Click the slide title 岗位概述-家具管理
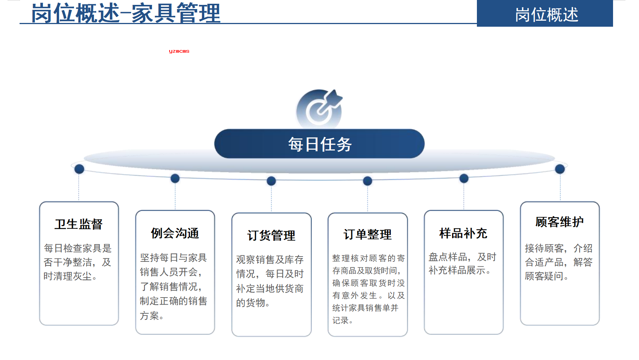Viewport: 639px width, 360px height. (126, 13)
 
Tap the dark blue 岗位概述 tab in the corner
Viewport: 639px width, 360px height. (545, 14)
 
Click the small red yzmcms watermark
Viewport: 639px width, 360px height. (179, 51)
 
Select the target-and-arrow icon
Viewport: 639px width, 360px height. (320, 108)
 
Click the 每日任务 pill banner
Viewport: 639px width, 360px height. (320, 144)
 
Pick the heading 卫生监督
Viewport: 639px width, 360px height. (79, 224)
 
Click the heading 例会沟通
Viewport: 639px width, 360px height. (175, 233)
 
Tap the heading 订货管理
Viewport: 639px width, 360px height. (271, 235)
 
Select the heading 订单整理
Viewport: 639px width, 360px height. (367, 234)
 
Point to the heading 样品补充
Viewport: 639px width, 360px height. (463, 233)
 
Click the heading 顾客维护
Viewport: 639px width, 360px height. (559, 222)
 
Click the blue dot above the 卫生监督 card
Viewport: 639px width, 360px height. (79, 169)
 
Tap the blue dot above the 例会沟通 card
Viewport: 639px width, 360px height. (175, 179)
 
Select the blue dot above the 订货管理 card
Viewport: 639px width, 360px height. (271, 181)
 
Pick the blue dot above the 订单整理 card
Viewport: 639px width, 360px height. (367, 181)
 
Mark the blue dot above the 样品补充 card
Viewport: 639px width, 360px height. (464, 179)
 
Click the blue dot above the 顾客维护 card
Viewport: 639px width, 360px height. (560, 169)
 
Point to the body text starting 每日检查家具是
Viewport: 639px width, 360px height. (77, 262)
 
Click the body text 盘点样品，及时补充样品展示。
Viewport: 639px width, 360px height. (462, 263)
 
